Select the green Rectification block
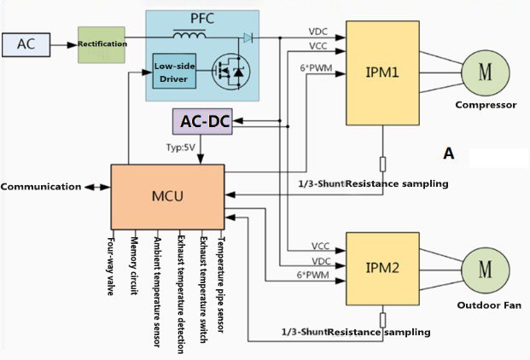pyautogui.click(x=102, y=44)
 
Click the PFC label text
pyautogui.click(x=202, y=18)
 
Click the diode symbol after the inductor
pyautogui.click(x=248, y=38)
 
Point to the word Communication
pyautogui.click(x=40, y=186)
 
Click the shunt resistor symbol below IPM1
pyautogui.click(x=384, y=165)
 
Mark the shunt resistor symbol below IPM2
pyautogui.click(x=384, y=321)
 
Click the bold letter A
pyautogui.click(x=448, y=154)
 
